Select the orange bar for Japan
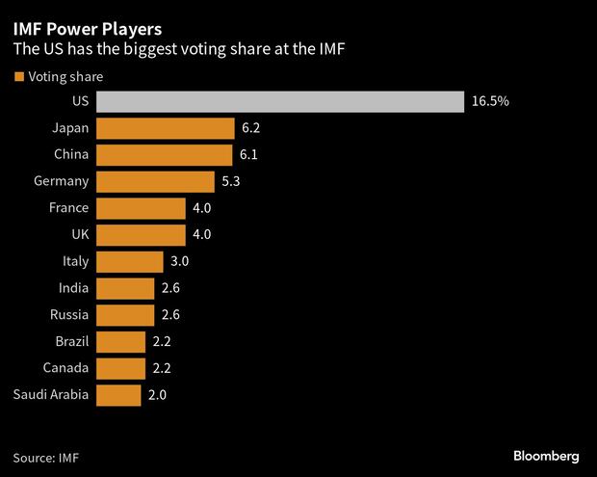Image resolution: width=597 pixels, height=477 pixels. [x=166, y=129]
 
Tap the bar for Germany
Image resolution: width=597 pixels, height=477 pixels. [x=156, y=182]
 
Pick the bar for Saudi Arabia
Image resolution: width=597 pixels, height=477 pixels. [x=119, y=394]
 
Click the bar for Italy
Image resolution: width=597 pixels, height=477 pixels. [x=131, y=261]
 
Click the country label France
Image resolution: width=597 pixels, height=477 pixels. [x=68, y=208]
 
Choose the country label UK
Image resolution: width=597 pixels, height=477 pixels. [x=78, y=235]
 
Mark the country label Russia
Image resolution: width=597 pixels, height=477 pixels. [x=68, y=314]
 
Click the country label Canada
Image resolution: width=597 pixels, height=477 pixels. [x=66, y=367]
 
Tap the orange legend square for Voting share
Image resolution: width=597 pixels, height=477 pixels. [x=18, y=76]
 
